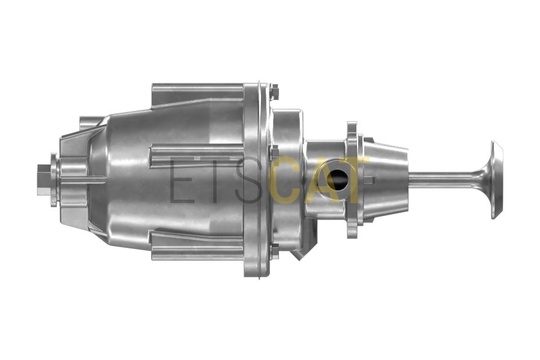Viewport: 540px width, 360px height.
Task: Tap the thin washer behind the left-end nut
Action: pyautogui.click(x=54, y=180)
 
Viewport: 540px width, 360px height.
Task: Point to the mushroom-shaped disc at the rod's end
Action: pyautogui.click(x=497, y=179)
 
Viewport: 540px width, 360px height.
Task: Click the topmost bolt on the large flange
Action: pyautogui.click(x=275, y=92)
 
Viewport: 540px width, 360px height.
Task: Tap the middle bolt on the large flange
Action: pyautogui.click(x=275, y=153)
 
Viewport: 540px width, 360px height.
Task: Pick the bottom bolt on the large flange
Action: pyautogui.click(x=275, y=251)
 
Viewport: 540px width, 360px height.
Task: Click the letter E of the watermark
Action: pyautogui.click(x=181, y=179)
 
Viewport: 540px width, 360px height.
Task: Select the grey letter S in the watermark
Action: pyautogui.click(x=251, y=179)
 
